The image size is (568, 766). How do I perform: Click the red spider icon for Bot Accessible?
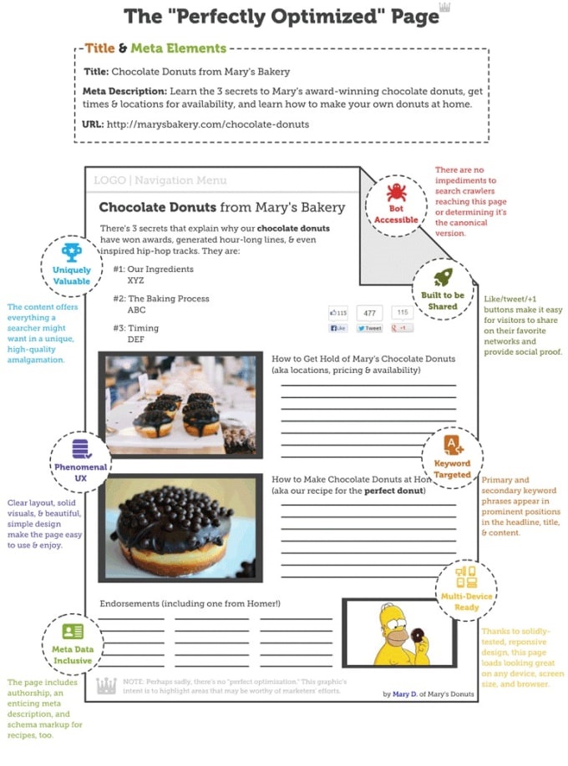(396, 191)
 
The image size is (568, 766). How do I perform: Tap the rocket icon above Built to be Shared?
(443, 276)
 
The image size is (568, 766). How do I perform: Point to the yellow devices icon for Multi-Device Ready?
(467, 577)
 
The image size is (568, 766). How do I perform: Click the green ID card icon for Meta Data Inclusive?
(73, 631)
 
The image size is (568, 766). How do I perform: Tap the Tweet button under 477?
(369, 329)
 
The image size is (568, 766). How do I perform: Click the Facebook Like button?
(339, 329)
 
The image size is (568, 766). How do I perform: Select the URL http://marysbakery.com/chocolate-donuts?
(207, 124)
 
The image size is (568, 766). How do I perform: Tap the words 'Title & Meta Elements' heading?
(155, 49)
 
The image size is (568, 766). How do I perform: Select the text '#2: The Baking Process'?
(161, 299)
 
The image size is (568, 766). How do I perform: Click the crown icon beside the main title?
(444, 8)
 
